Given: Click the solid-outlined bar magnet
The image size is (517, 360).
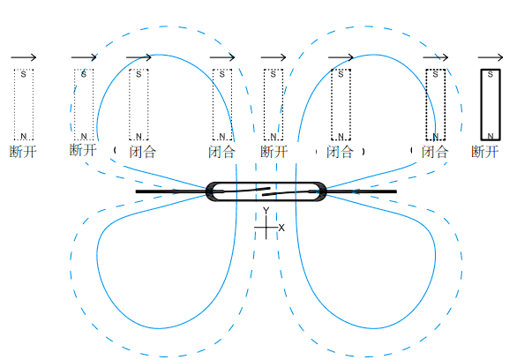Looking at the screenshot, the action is click(491, 104).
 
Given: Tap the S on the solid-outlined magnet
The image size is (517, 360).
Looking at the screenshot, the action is click(491, 74).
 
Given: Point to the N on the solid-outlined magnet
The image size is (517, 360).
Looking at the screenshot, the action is click(491, 136).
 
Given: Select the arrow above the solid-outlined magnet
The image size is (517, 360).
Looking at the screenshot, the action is click(491, 57).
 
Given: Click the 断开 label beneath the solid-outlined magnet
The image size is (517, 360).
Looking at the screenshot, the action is click(484, 152).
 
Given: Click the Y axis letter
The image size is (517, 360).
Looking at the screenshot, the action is click(266, 211).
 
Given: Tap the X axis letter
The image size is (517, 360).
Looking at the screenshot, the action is click(281, 228).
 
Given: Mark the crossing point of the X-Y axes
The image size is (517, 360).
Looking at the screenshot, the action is click(266, 228).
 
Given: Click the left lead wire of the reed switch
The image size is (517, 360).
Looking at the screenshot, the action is click(171, 191).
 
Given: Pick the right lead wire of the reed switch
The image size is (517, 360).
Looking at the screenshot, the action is click(362, 191).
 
